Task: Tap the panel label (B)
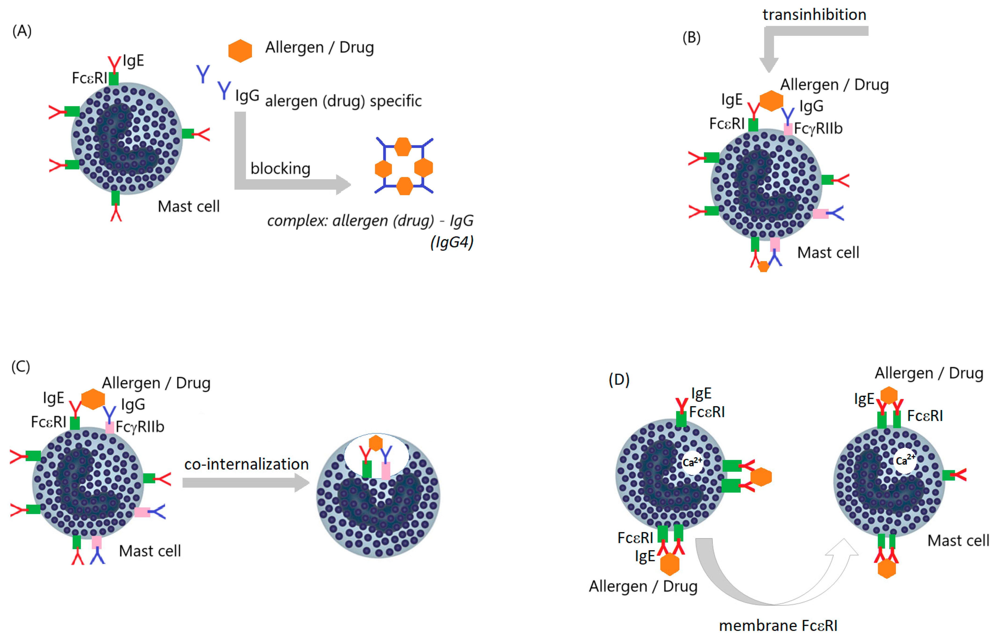(691, 37)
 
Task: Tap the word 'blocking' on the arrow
(280, 168)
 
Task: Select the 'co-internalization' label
(246, 464)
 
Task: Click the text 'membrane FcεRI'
(778, 625)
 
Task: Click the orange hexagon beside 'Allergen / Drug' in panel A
(240, 51)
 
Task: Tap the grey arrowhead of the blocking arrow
(343, 185)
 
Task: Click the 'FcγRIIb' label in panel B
(818, 128)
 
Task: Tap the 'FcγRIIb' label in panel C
(140, 427)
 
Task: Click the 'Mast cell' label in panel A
(189, 206)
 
